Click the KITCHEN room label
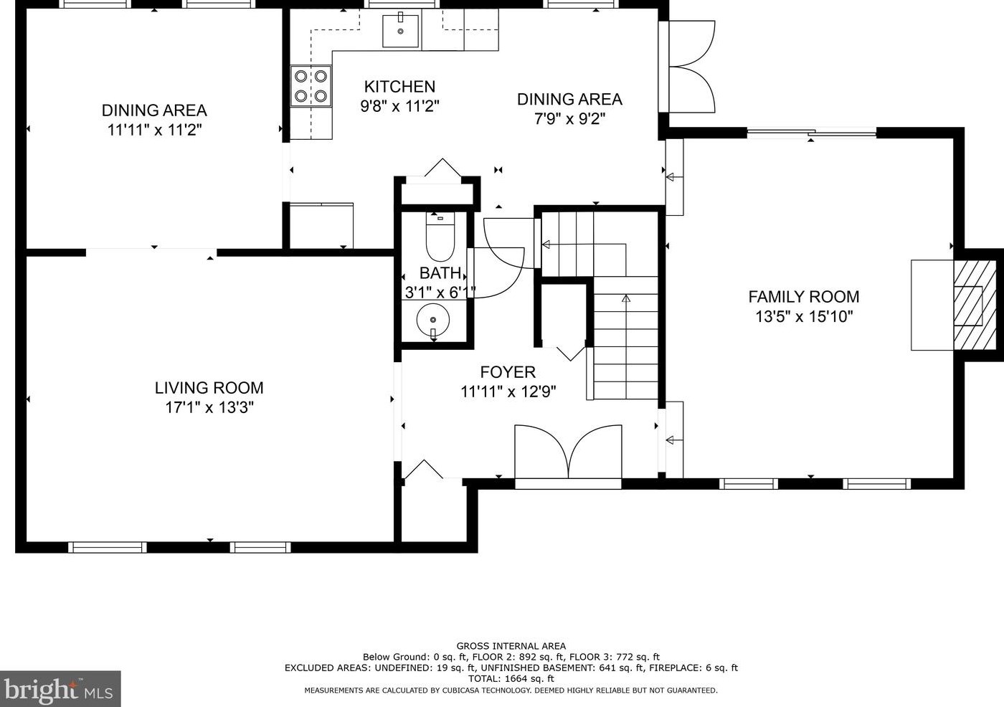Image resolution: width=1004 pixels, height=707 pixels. pyautogui.click(x=399, y=87)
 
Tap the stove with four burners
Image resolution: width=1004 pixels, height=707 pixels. pyautogui.click(x=311, y=85)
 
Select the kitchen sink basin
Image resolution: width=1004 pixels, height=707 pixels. pyautogui.click(x=400, y=31)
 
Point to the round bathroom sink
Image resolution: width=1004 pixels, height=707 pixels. pyautogui.click(x=433, y=320)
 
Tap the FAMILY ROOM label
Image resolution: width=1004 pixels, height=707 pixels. pyautogui.click(x=804, y=297)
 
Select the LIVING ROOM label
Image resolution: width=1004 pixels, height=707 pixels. pyautogui.click(x=209, y=387)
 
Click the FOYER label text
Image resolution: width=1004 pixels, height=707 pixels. pyautogui.click(x=508, y=372)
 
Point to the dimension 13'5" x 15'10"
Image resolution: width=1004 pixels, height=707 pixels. pyautogui.click(x=804, y=317)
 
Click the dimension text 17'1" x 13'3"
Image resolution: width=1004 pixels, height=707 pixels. pyautogui.click(x=209, y=408)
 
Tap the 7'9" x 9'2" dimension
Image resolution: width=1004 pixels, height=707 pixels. pyautogui.click(x=569, y=119)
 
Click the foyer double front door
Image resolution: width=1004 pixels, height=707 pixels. pyautogui.click(x=568, y=452)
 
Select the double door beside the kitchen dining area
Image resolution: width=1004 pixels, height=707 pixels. pyautogui.click(x=687, y=67)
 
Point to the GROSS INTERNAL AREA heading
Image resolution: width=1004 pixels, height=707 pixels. pyautogui.click(x=511, y=646)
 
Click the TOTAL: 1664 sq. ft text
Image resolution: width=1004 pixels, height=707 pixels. pyautogui.click(x=511, y=678)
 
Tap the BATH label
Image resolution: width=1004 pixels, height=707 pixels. pyautogui.click(x=440, y=272)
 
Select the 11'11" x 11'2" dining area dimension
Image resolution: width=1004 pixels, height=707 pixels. pyautogui.click(x=154, y=131)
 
